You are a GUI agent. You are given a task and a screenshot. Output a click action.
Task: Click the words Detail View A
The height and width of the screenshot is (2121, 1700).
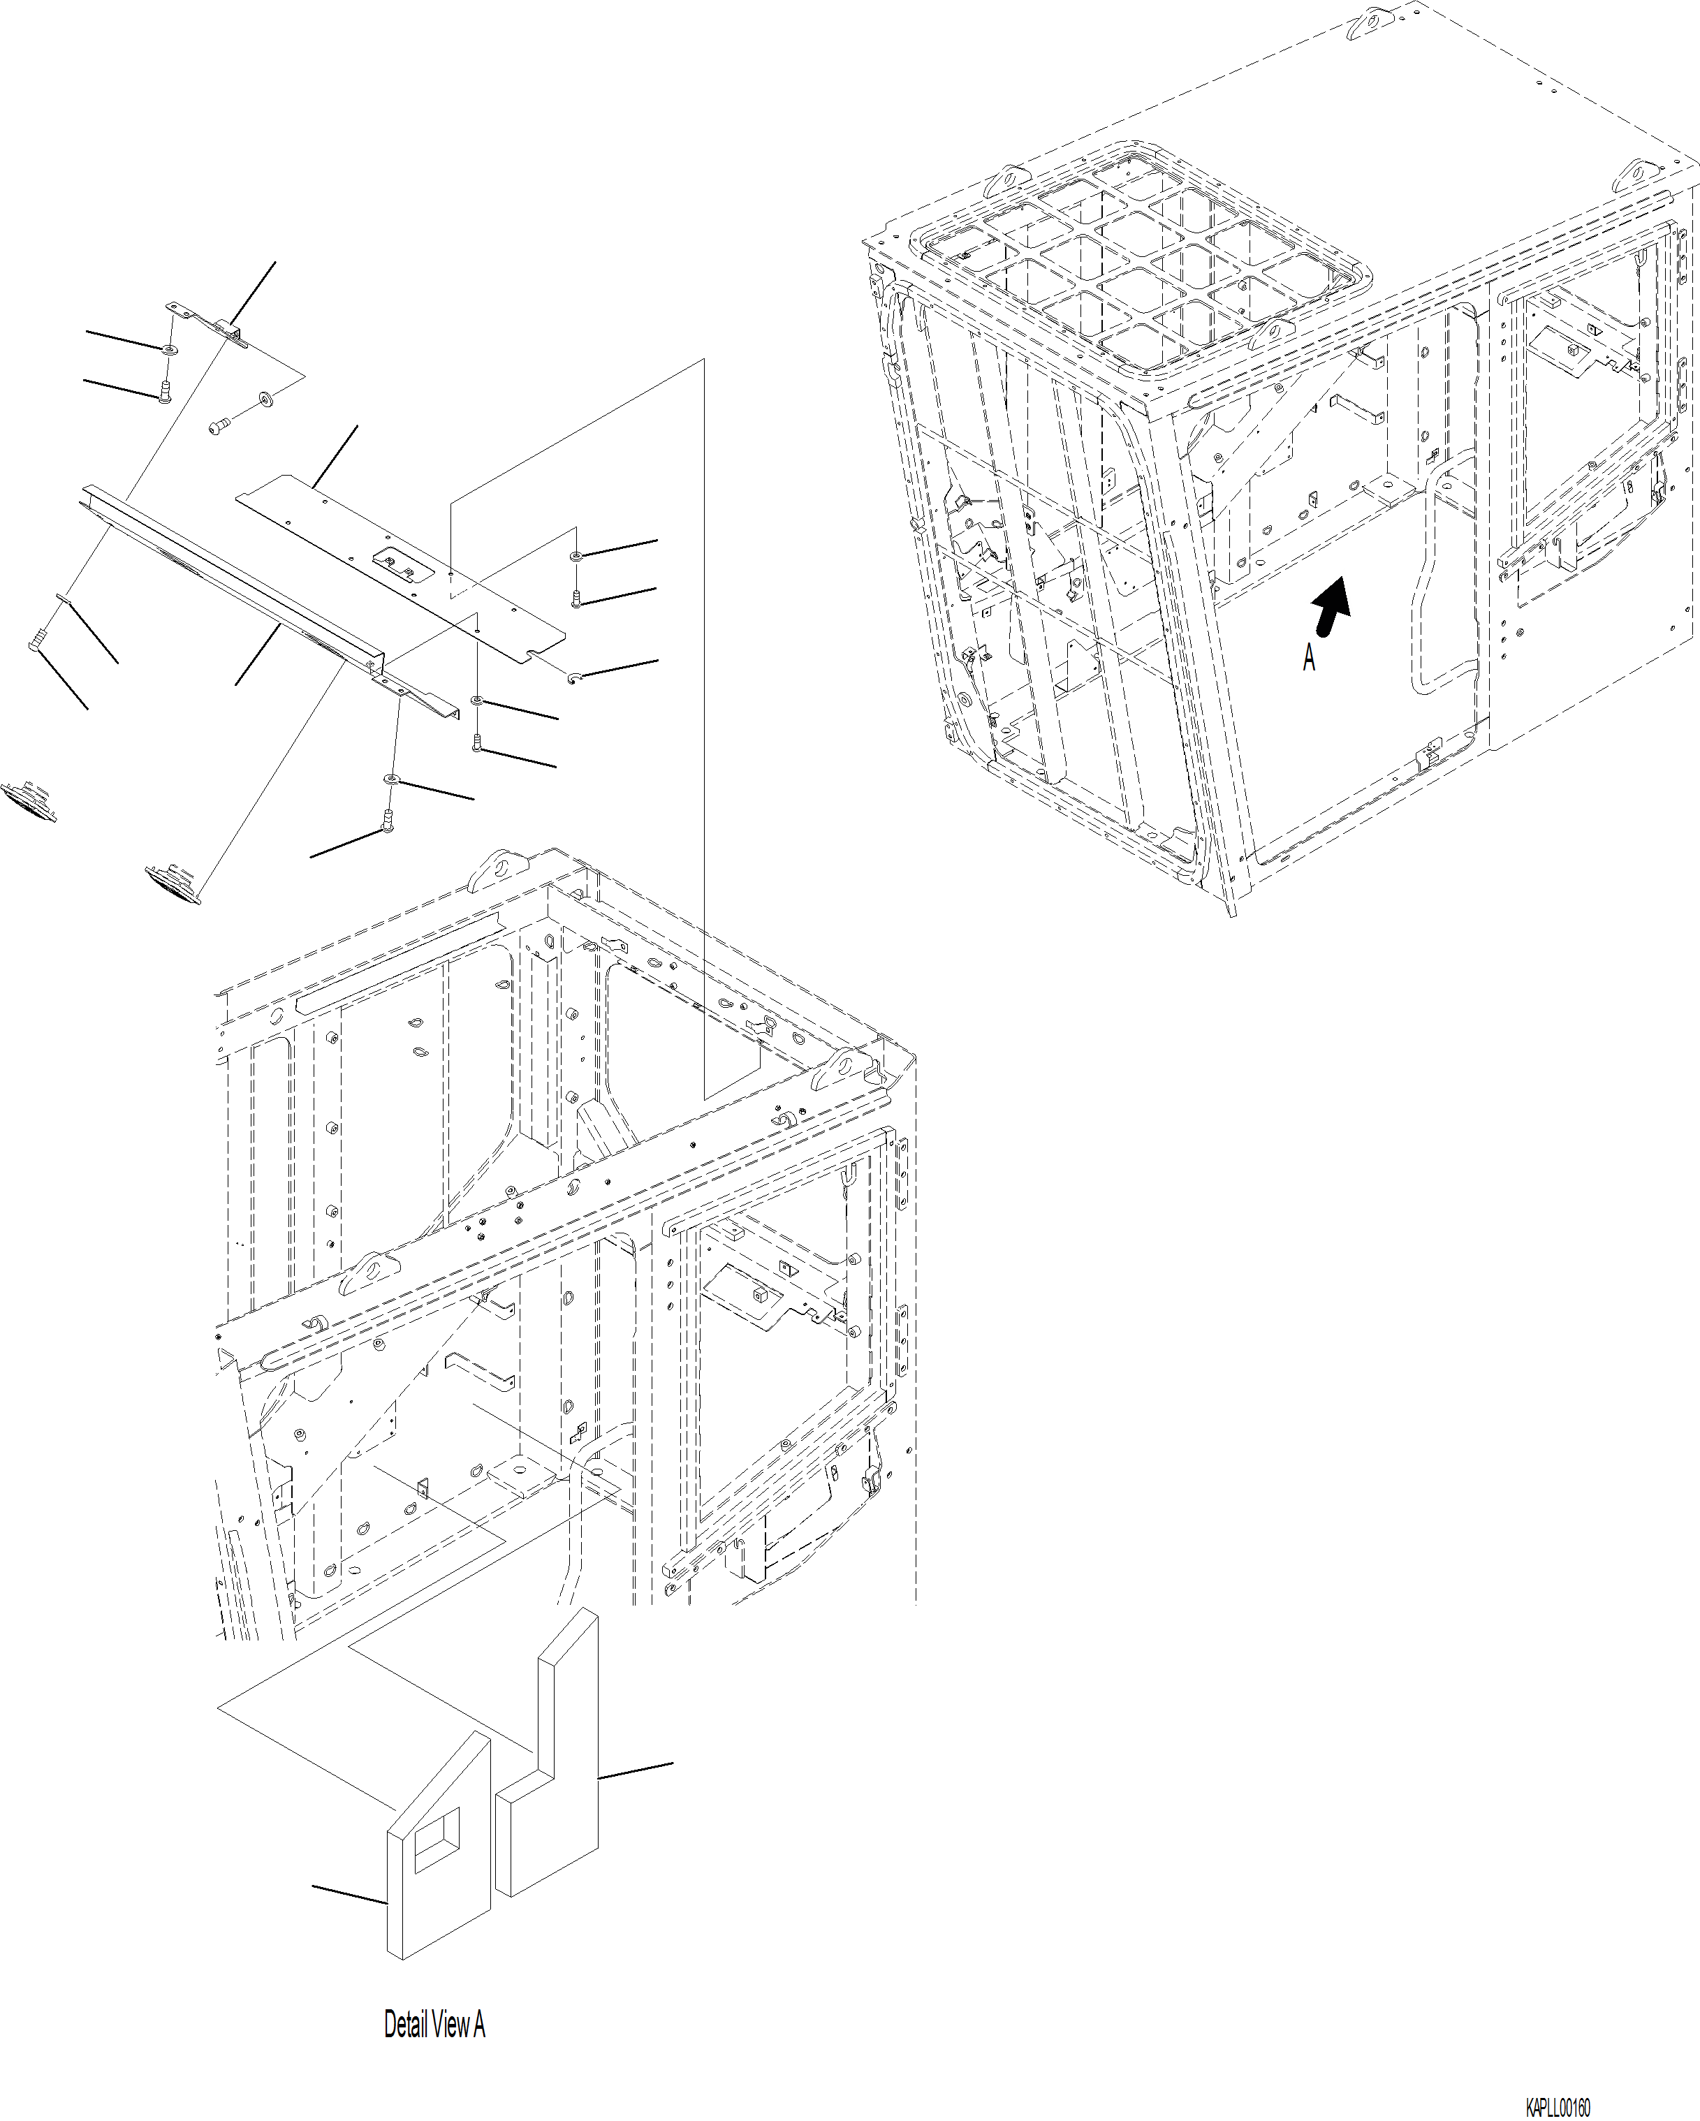pyautogui.click(x=434, y=2025)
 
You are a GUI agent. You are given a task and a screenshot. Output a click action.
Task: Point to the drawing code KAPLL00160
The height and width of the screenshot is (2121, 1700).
pyautogui.click(x=1558, y=2108)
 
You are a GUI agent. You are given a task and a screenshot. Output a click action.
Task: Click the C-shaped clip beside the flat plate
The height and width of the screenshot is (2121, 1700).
pyautogui.click(x=573, y=676)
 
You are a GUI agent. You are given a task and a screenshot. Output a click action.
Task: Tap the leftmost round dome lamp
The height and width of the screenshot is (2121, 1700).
pyautogui.click(x=27, y=796)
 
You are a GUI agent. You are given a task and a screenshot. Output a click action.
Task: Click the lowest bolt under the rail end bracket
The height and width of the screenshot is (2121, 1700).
pyautogui.click(x=388, y=819)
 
